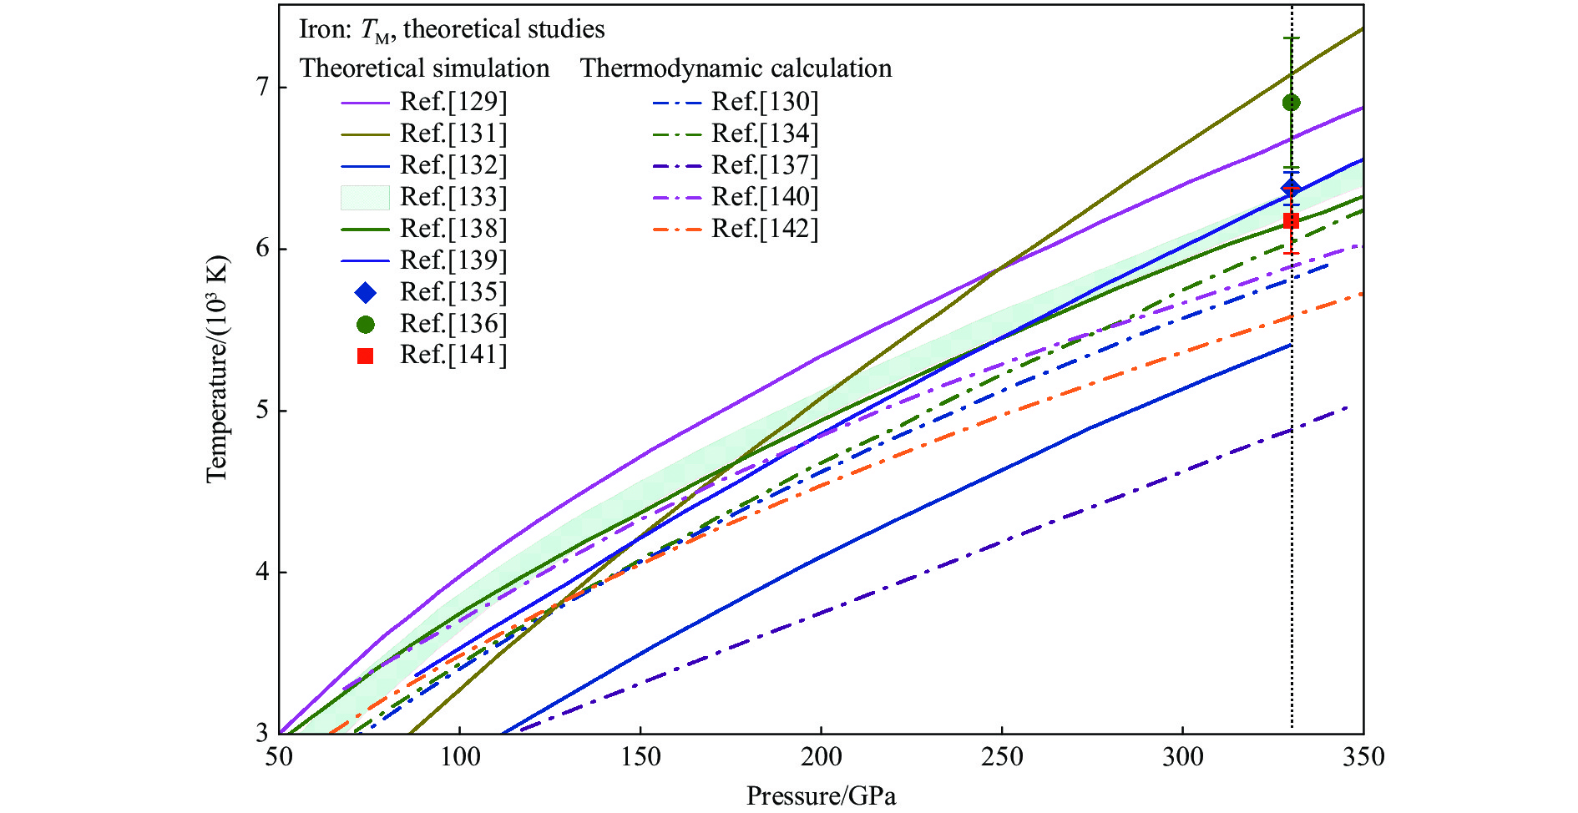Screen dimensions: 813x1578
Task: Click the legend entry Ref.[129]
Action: point(453,102)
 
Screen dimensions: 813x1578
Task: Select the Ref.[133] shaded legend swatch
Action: point(365,197)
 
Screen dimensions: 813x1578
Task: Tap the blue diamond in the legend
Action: point(365,292)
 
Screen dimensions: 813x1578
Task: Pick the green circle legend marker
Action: point(365,324)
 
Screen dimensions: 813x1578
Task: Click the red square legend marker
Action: point(365,356)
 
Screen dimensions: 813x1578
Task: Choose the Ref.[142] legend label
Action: point(764,229)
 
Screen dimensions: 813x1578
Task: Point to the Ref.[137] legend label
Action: point(764,165)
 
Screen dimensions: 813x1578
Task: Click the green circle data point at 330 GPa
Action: point(1291,103)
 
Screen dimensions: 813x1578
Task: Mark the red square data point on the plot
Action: point(1291,220)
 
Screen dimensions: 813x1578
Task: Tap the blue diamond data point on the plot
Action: point(1291,188)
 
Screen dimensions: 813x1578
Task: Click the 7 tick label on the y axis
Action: point(261,87)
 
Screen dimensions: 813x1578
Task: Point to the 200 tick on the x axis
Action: point(821,757)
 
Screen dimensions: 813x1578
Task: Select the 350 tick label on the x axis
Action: point(1363,757)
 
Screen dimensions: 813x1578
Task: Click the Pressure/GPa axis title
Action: point(821,796)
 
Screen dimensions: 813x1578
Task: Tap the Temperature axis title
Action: point(216,369)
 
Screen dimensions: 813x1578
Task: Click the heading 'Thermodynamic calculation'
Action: point(736,68)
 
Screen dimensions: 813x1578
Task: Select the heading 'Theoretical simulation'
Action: point(424,68)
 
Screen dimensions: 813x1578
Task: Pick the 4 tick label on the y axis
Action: point(261,572)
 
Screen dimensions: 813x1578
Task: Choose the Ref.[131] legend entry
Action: point(453,134)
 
